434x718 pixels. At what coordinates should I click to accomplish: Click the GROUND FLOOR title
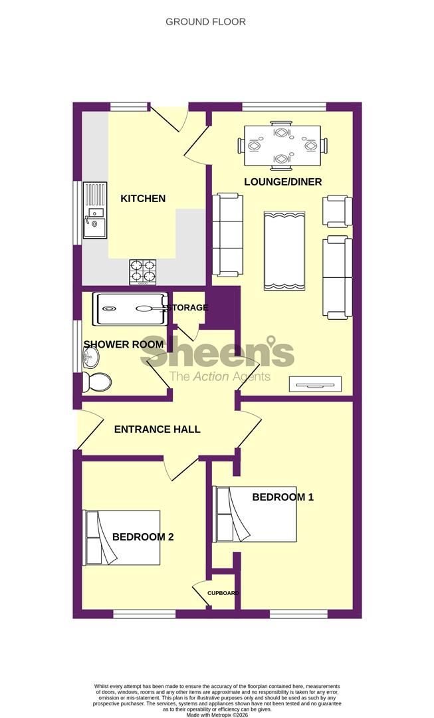click(205, 22)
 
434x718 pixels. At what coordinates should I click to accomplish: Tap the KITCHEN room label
click(143, 198)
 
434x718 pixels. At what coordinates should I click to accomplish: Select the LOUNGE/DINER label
click(282, 182)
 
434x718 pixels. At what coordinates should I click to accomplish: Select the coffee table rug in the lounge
click(284, 251)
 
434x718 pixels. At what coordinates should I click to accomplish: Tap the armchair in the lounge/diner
click(337, 212)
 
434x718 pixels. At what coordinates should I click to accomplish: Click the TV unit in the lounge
click(315, 384)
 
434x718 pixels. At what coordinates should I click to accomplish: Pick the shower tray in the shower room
click(130, 308)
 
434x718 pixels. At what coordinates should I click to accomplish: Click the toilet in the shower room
click(97, 382)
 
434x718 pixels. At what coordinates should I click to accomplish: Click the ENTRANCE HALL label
click(157, 429)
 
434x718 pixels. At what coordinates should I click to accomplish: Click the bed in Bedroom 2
click(121, 537)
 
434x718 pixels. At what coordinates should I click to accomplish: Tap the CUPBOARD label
click(223, 593)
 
